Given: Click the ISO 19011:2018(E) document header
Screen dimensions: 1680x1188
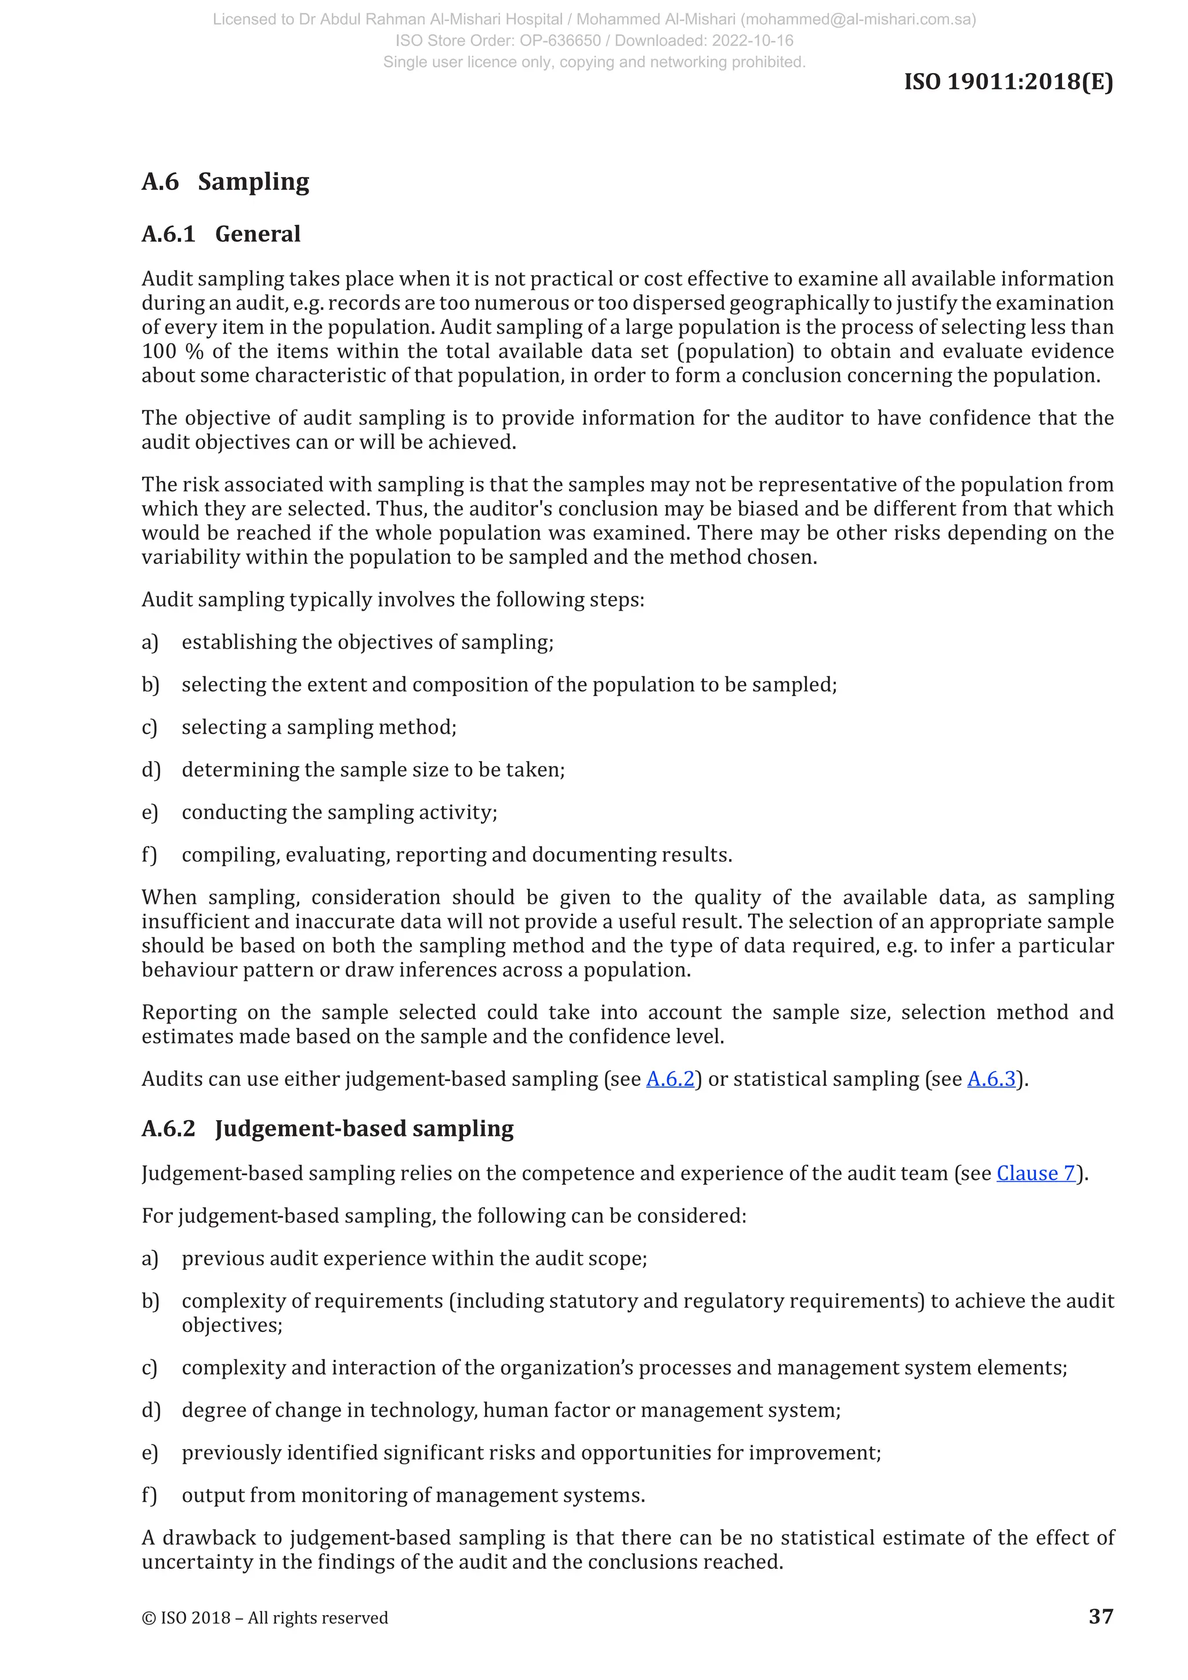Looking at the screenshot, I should (1008, 81).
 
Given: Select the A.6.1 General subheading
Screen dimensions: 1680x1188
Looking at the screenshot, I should (221, 234).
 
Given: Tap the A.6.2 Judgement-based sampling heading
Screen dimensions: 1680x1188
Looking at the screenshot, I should (327, 1128).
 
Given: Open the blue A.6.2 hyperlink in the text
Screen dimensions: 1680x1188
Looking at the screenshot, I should (669, 1079).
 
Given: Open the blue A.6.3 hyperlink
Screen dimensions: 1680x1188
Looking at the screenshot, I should (991, 1079).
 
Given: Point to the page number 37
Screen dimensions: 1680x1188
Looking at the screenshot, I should (1100, 1616).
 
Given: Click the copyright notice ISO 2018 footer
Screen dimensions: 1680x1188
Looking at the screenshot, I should (265, 1618).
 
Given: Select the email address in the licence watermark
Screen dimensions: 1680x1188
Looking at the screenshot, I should (858, 20).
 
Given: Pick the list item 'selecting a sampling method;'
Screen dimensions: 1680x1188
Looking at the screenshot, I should (319, 727).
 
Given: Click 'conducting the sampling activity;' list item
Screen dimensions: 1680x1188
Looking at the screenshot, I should (339, 812).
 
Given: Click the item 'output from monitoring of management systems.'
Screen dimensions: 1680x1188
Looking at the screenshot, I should (414, 1496).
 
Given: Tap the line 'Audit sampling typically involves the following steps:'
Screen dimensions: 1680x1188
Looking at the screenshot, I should (393, 600).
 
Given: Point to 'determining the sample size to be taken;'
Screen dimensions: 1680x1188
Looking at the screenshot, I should (373, 770).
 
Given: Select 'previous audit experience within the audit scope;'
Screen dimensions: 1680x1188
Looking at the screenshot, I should (414, 1258).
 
